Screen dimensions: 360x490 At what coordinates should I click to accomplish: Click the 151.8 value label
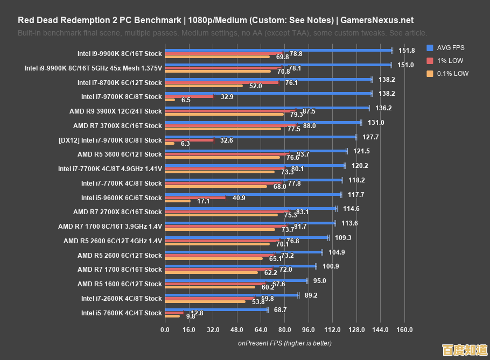407,51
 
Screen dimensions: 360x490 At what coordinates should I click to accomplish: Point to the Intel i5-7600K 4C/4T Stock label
121,313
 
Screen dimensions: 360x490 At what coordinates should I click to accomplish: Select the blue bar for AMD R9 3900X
267,108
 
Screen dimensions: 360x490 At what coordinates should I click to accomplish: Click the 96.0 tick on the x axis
309,330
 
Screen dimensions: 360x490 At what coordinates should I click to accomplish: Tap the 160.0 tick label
404,330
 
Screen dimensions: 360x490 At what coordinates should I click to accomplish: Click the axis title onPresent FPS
285,343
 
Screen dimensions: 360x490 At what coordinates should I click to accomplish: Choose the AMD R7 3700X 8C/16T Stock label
117,126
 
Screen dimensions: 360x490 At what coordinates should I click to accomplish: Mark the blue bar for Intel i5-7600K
216,309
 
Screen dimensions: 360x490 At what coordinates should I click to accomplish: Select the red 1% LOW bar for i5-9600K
195,197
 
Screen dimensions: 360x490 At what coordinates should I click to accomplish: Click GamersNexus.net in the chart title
376,20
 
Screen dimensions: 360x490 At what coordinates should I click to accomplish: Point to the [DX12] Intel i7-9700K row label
110,140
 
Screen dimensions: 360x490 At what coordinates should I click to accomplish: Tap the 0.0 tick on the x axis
165,330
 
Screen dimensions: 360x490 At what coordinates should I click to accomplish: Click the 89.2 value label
311,295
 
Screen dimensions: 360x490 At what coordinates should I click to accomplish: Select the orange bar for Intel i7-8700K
204,86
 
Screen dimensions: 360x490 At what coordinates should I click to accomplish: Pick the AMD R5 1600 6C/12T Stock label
120,284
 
